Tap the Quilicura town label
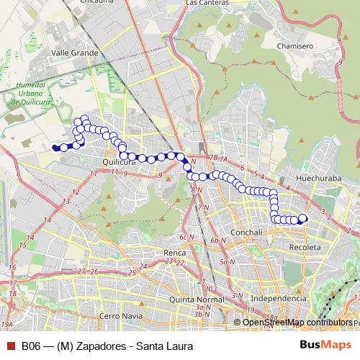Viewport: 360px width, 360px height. click(x=120, y=162)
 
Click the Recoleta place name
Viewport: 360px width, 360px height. click(x=305, y=247)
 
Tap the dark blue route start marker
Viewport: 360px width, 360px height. click(x=55, y=148)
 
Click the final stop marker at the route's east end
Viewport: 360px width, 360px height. click(x=302, y=218)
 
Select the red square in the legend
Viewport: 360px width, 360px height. click(x=11, y=346)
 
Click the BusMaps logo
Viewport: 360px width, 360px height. click(x=325, y=346)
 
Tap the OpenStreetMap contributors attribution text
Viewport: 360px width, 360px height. click(x=298, y=322)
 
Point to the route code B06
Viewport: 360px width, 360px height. click(x=30, y=346)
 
